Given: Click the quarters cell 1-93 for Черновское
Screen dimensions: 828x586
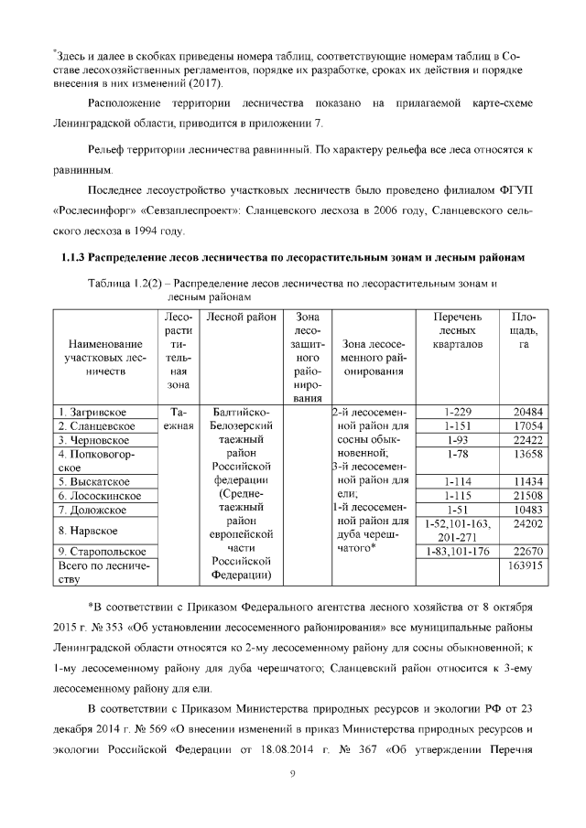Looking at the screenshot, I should (x=456, y=440).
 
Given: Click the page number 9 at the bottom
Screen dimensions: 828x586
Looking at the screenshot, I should (x=291, y=776).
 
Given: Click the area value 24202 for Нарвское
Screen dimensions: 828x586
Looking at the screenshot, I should (x=527, y=523).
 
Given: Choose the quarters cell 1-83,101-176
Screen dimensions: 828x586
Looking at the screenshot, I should (x=456, y=551).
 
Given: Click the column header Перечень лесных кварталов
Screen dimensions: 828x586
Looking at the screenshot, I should (x=456, y=330).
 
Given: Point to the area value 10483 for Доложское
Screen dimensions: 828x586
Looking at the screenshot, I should (x=527, y=510).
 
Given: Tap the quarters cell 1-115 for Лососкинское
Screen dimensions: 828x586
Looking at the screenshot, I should (x=456, y=495).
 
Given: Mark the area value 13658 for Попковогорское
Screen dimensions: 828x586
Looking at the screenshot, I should (x=527, y=454).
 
